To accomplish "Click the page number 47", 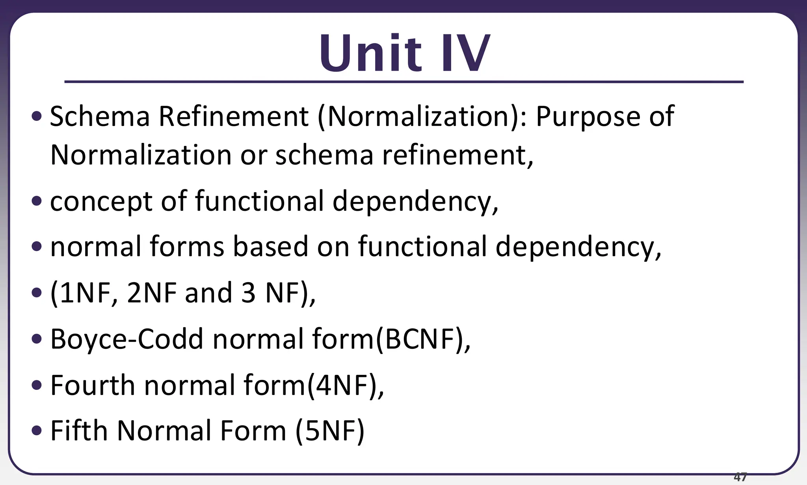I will coord(740,477).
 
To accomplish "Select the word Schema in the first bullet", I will coord(100,116).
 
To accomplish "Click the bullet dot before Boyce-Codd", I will coord(36,339).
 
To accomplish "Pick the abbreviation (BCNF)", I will coord(422,339).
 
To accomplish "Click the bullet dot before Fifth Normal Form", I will coord(36,430).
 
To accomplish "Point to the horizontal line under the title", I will coord(403,82).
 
